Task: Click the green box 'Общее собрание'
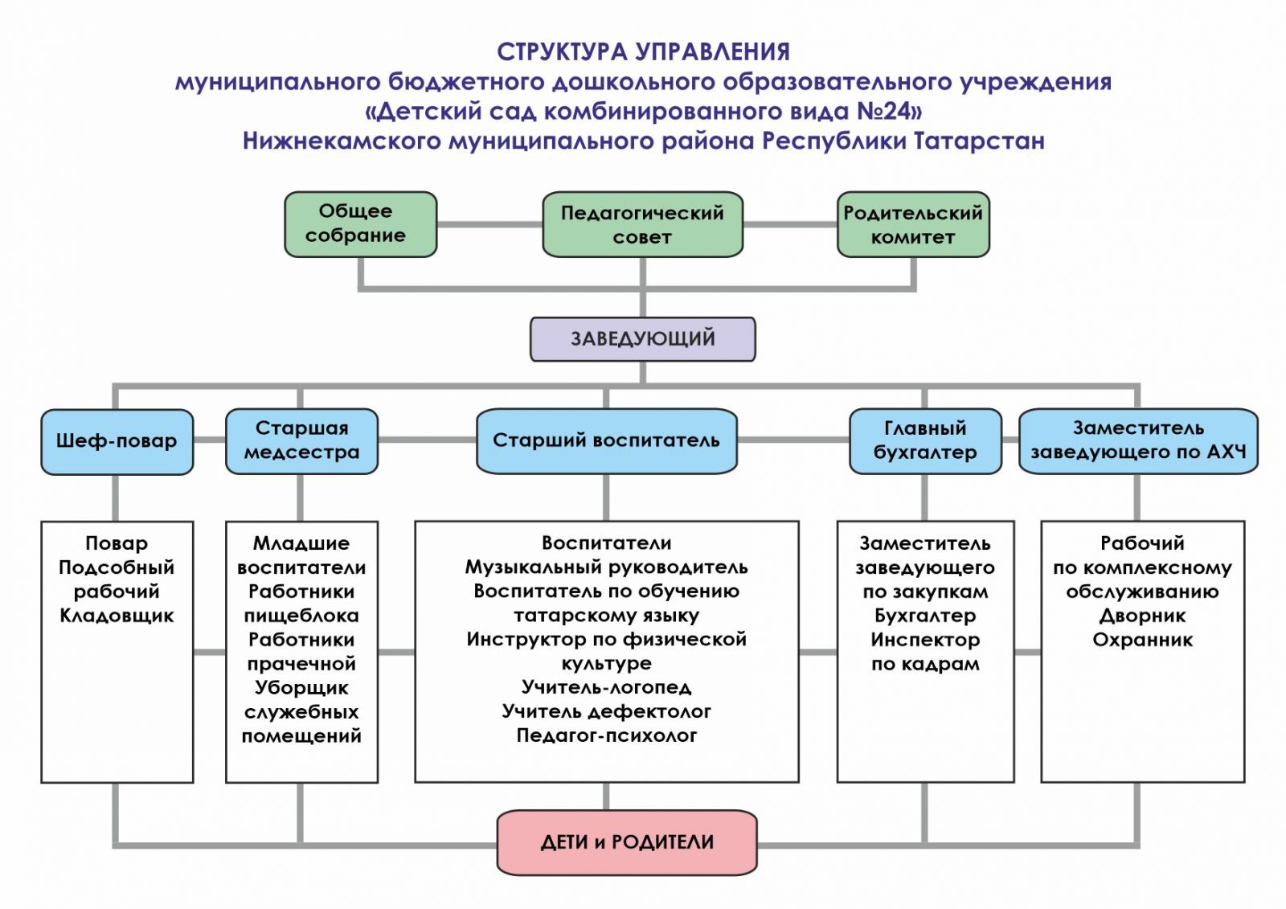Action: (x=360, y=223)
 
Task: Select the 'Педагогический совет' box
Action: (x=642, y=224)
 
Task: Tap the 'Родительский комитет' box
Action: (x=913, y=224)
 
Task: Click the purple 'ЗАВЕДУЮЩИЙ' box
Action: (x=642, y=338)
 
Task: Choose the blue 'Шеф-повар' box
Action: (x=117, y=441)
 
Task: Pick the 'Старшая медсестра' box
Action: (x=301, y=440)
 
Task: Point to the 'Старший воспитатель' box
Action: (x=606, y=440)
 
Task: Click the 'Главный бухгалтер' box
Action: (x=925, y=440)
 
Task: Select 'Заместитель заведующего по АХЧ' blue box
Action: (x=1138, y=440)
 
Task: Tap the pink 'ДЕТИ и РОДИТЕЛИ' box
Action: (x=627, y=842)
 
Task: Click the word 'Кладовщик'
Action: (x=117, y=616)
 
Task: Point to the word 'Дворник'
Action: (x=1142, y=616)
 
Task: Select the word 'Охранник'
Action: (x=1142, y=640)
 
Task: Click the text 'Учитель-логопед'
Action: (x=606, y=687)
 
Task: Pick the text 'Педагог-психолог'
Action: (x=606, y=735)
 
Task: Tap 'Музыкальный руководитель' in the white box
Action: (x=606, y=567)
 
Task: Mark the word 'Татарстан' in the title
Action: (x=979, y=141)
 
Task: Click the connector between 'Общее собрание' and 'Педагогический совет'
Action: (x=489, y=224)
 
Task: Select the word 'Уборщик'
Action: (x=301, y=688)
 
